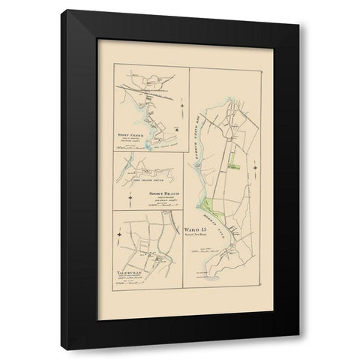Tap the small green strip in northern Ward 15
(x=234, y=159)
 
